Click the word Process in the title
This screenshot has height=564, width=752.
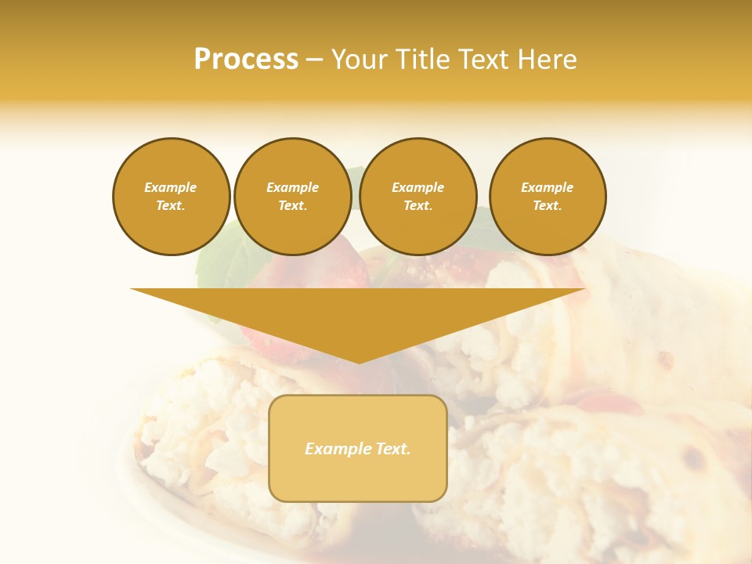pyautogui.click(x=246, y=60)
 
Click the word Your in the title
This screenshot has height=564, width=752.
pyautogui.click(x=359, y=60)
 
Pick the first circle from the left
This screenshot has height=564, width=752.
pyautogui.click(x=171, y=197)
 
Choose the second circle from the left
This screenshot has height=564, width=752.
pyautogui.click(x=292, y=197)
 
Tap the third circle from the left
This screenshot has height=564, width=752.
pyautogui.click(x=418, y=197)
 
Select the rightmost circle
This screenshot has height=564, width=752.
pyautogui.click(x=548, y=197)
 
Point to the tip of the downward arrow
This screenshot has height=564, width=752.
pyautogui.click(x=359, y=362)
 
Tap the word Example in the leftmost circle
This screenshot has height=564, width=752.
pyautogui.click(x=171, y=187)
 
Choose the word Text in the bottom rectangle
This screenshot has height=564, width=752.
pyautogui.click(x=392, y=449)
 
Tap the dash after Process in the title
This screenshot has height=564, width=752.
pyautogui.click(x=315, y=60)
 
